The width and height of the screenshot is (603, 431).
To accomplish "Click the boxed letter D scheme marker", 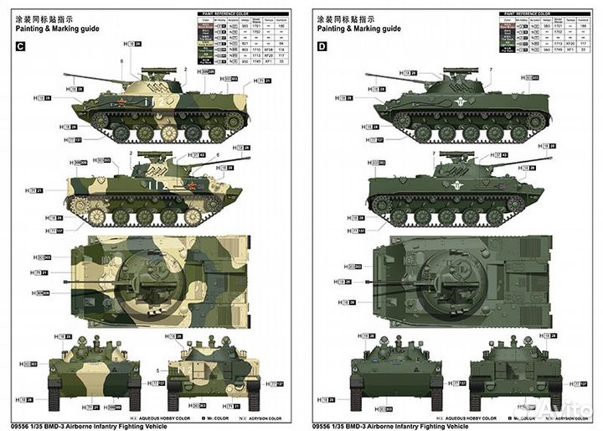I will pos(322,47).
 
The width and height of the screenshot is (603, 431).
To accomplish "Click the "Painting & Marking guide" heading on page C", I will pos(57,29).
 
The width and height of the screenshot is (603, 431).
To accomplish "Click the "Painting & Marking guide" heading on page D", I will pos(358,29).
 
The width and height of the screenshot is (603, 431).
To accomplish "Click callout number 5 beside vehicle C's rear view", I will pos(157,369).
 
